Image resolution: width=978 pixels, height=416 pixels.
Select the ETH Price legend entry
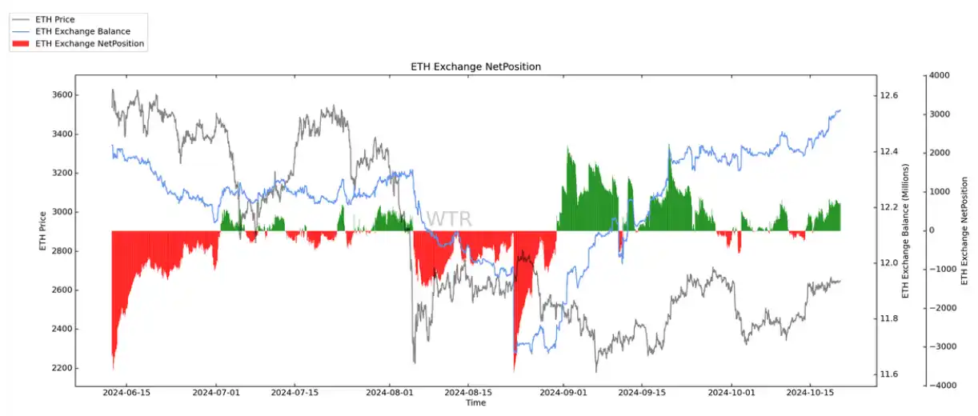coord(55,19)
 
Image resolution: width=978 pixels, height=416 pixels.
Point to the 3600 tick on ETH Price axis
coord(60,95)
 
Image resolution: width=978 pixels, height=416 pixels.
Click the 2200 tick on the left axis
coord(60,368)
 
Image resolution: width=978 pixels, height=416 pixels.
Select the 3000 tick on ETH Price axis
coord(60,212)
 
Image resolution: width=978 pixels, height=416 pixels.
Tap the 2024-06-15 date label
coord(126,393)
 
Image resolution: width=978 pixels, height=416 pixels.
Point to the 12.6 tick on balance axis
coord(889,95)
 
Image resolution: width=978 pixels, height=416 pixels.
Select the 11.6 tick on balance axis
coord(889,374)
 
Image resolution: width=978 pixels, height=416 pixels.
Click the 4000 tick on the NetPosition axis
coord(940,75)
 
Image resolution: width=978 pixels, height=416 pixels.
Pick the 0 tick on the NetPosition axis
coord(933,230)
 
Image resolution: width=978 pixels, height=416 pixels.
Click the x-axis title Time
coord(475,403)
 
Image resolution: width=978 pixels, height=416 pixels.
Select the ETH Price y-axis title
coord(42,230)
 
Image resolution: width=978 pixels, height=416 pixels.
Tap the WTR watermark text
coord(448,219)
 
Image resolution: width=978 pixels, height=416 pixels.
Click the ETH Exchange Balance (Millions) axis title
coord(907,230)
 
